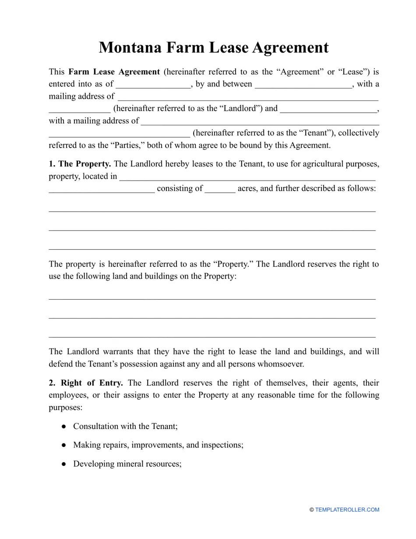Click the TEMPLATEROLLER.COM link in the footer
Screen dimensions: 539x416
point(347,510)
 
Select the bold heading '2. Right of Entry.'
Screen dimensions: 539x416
point(86,383)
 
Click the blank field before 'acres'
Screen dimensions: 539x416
point(220,189)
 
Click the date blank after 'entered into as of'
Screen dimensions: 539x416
point(153,84)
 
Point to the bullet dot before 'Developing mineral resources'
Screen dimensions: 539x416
point(64,464)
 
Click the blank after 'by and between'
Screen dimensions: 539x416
point(303,84)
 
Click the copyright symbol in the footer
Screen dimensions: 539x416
point(312,510)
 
